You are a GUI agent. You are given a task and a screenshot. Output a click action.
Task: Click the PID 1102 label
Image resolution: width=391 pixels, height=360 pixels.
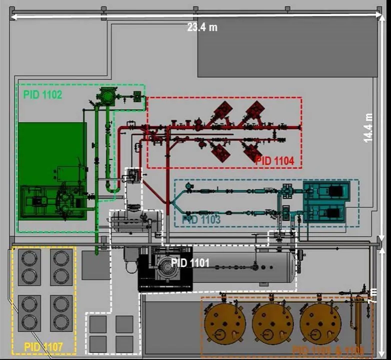coord(42,94)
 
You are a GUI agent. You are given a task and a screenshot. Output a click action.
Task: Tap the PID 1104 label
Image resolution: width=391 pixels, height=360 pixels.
coord(274,161)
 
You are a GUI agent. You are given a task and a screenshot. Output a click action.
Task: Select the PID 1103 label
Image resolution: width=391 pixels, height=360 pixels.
coord(201,219)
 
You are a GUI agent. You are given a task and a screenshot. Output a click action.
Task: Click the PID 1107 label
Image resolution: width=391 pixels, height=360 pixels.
coord(43,345)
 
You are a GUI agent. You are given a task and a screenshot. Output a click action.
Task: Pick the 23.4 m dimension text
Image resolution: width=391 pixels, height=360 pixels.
coord(202,27)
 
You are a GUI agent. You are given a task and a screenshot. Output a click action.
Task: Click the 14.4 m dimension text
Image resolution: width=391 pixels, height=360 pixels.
coord(368,127)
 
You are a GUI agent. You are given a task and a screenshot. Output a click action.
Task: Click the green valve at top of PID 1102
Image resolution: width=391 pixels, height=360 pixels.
coord(106,95)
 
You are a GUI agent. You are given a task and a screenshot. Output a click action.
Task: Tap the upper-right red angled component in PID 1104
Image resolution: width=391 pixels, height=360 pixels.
coord(254,110)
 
